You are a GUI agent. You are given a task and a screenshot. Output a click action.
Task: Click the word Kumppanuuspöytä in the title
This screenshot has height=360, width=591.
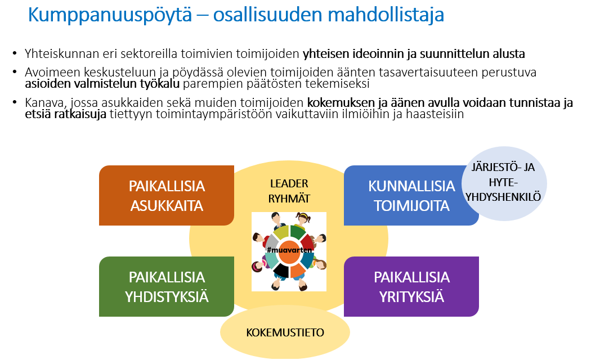pyautogui.click(x=110, y=15)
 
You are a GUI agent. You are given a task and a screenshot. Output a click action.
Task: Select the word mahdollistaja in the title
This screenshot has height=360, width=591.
pyautogui.click(x=386, y=15)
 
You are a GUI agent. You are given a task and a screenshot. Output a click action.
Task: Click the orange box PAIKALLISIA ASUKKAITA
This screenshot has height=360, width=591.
pyautogui.click(x=167, y=195)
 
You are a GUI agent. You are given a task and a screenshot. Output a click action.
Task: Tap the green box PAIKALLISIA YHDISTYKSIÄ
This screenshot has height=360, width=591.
pyautogui.click(x=167, y=286)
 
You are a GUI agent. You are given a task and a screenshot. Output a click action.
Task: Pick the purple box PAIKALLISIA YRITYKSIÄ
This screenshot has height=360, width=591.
pyautogui.click(x=411, y=286)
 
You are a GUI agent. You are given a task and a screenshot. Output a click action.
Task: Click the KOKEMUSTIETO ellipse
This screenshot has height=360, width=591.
pyautogui.click(x=285, y=332)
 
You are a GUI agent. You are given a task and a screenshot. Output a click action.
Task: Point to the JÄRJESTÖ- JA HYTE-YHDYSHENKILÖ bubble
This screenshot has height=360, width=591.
pyautogui.click(x=504, y=183)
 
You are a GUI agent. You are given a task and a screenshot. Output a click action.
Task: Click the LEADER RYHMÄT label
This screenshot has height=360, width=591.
pyautogui.click(x=289, y=191)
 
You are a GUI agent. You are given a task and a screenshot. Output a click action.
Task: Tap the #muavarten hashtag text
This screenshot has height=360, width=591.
pyautogui.click(x=289, y=250)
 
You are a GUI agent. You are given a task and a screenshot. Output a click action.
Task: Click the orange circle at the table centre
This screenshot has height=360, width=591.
pyautogui.click(x=289, y=251)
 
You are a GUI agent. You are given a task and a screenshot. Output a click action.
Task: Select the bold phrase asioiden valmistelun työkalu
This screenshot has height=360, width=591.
pyautogui.click(x=102, y=84)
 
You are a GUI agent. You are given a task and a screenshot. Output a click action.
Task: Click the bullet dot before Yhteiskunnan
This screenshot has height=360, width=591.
pyautogui.click(x=15, y=53)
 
